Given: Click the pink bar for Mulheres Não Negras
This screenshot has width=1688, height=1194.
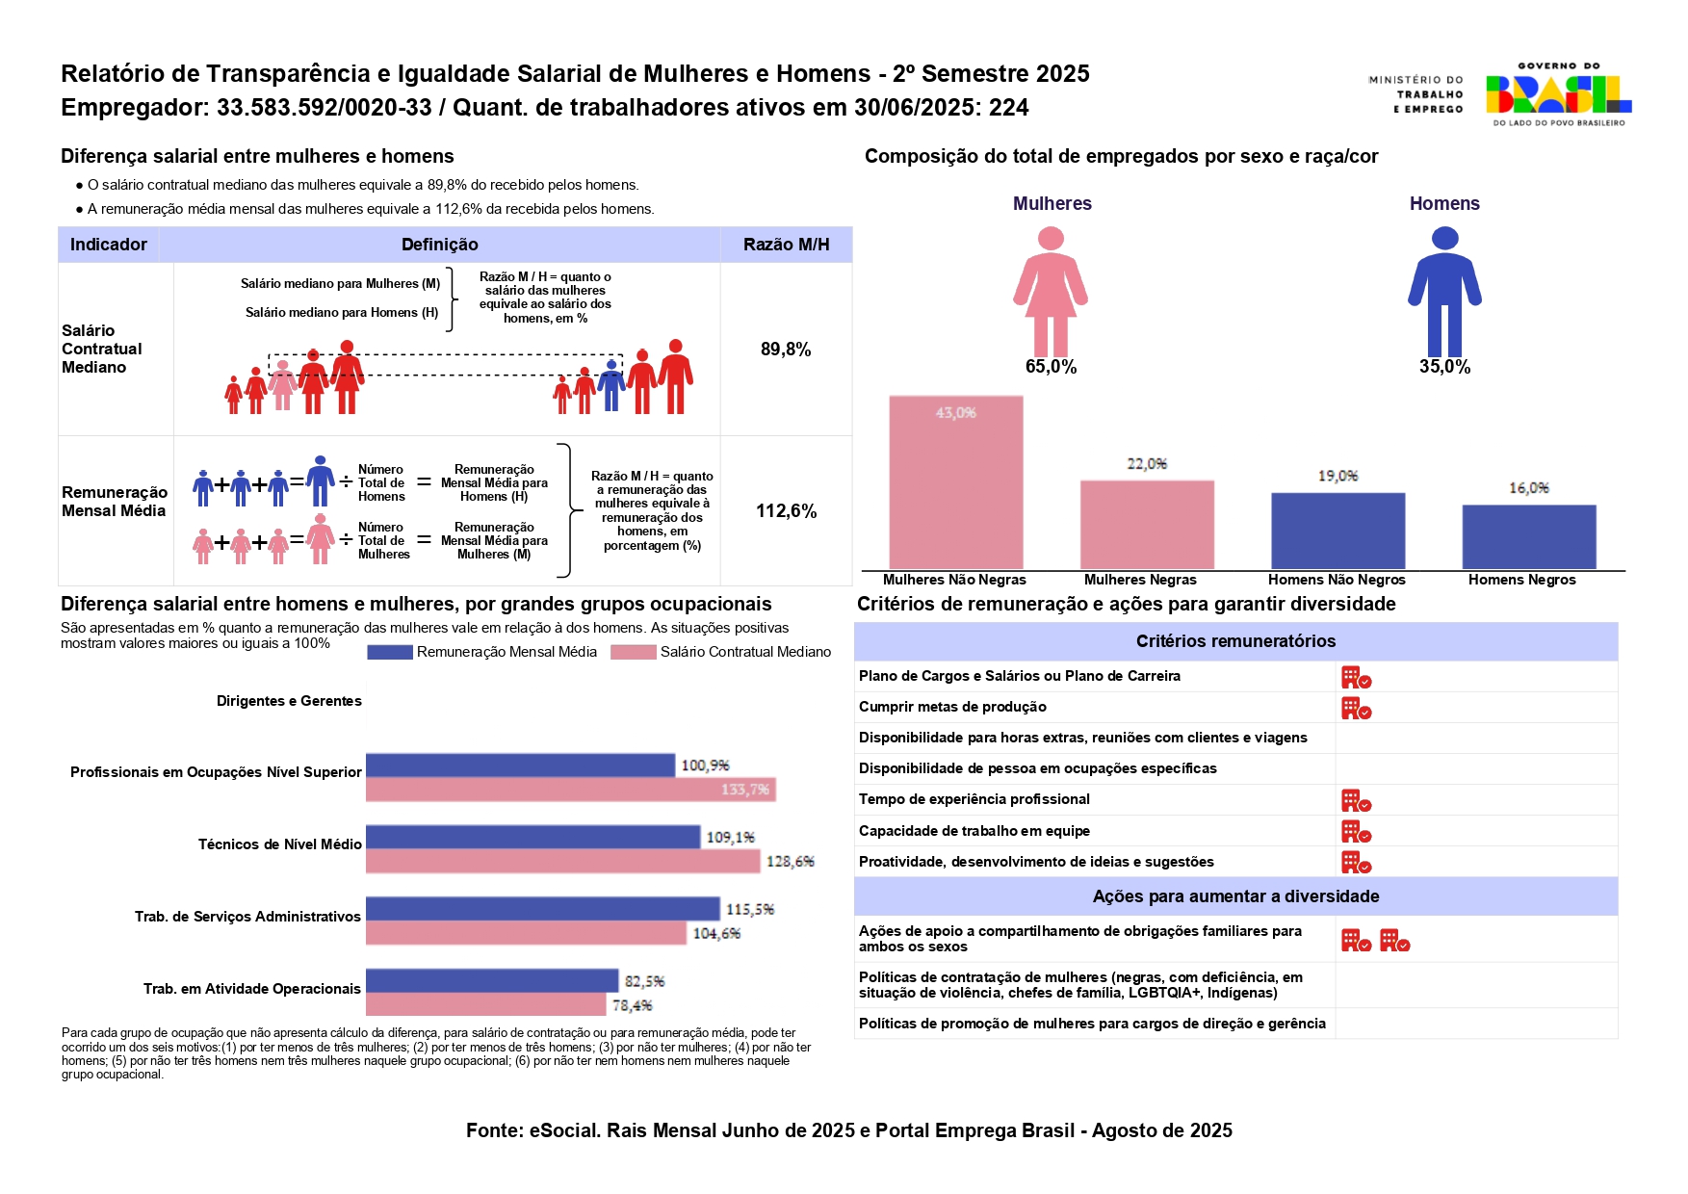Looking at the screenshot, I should [955, 482].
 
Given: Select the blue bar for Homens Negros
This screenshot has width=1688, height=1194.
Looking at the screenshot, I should [1528, 536].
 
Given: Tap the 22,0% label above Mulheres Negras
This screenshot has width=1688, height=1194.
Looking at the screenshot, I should [1147, 464].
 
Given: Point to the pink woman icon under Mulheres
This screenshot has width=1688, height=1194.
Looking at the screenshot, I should [1051, 291].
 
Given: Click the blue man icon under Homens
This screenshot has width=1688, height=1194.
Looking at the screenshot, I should [1444, 291].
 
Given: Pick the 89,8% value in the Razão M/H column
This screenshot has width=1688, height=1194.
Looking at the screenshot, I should [786, 350].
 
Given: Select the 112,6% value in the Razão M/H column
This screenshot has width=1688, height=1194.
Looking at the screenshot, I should [786, 511].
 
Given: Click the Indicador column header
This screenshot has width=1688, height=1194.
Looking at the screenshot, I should [109, 245].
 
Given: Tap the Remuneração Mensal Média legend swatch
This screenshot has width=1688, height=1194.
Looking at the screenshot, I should [390, 653].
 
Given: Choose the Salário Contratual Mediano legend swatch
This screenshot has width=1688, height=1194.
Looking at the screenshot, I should [633, 653].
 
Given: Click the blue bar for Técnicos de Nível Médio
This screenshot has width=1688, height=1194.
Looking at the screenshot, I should [532, 837].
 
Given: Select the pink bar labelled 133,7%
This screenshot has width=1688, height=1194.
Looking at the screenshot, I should [570, 791].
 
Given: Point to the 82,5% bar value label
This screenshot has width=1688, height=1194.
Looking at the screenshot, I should [644, 981].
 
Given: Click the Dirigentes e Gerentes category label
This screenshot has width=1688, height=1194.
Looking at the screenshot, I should [289, 701].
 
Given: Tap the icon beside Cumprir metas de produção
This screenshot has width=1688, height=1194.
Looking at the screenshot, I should [1356, 709].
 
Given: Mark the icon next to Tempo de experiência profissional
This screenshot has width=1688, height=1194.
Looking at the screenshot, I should [1356, 801].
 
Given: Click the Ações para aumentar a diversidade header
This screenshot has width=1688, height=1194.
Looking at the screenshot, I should [1235, 896].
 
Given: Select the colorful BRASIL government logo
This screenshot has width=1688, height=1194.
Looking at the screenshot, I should [1557, 94].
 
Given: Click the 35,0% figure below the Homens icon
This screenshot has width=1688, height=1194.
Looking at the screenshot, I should [1444, 367].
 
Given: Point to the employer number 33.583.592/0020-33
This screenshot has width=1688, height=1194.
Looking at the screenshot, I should [324, 108].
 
